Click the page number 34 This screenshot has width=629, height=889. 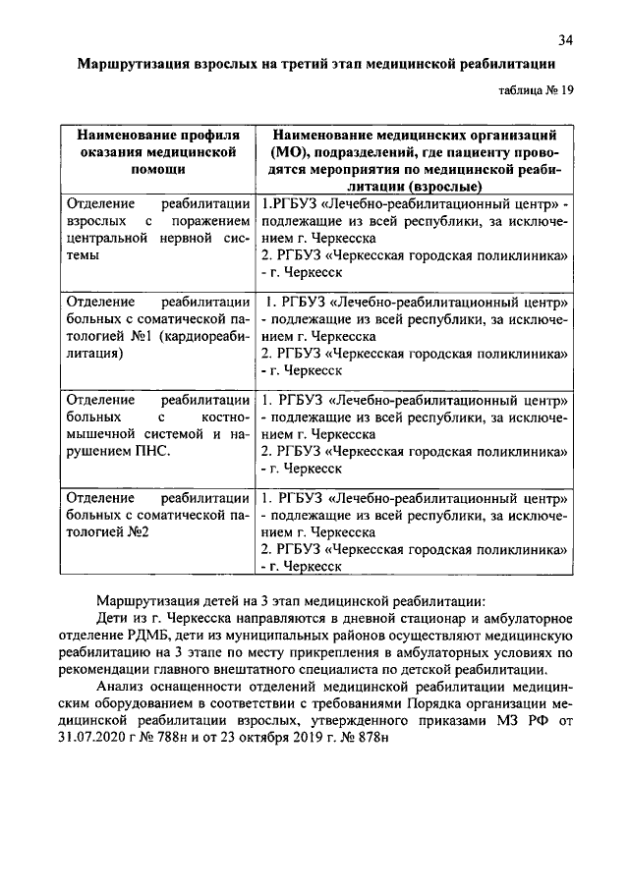(x=565, y=40)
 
